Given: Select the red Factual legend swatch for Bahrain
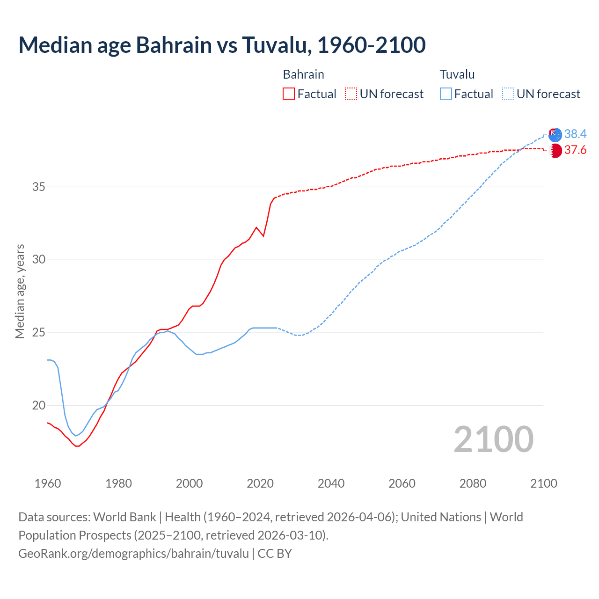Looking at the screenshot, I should coord(289,94).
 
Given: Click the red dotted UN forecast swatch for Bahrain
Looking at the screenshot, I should coord(351,94).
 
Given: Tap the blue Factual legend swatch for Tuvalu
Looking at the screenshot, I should coord(446,94).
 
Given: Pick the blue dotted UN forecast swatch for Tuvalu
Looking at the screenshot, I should coord(508,94).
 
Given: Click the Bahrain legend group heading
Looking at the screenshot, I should coord(303,74).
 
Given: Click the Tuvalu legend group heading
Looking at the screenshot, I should coord(457,74).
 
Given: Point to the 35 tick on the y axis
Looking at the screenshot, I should coord(38,187).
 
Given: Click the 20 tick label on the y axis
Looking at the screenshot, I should coord(38,406).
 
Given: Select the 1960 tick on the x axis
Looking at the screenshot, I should coord(48,483).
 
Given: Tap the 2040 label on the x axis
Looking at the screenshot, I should coord(331,483).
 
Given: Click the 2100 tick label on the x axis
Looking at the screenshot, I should coord(543,483).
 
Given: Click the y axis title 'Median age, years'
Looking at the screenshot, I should coord(20,291).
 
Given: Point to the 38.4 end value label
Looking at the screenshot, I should coord(575,134).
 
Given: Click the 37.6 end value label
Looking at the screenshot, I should coord(575,150).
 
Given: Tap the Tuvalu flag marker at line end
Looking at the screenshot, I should coord(555,134).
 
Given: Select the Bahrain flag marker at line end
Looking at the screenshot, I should coord(555,151).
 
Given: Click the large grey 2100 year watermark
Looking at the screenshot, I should coord(493,439).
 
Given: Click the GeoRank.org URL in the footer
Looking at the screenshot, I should coord(134,554).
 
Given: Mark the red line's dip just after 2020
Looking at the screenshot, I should coord(263,236).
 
